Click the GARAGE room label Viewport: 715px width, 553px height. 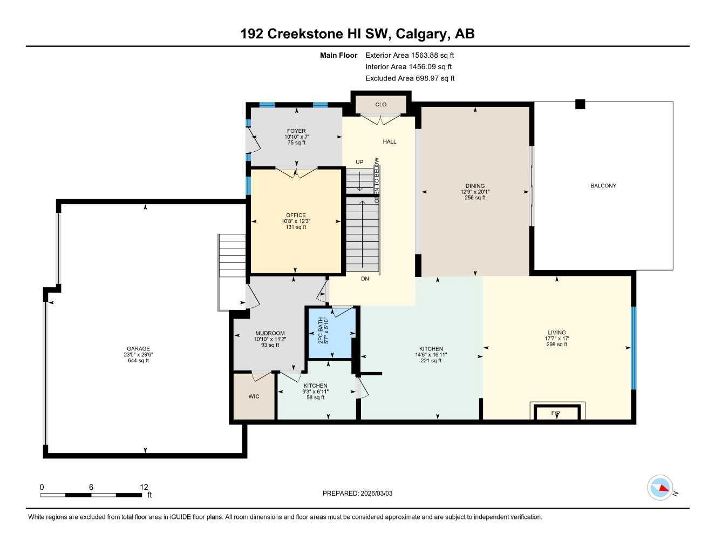coord(138,348)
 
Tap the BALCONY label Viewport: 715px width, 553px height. coord(603,186)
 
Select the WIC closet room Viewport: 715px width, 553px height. coord(254,396)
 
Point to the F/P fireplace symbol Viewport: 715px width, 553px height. coord(555,413)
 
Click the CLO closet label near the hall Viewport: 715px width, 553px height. coord(381,105)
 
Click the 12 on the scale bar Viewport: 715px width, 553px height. coord(144,487)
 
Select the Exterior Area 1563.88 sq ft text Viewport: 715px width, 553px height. coord(410,55)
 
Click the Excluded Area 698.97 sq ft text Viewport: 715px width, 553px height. coord(410,78)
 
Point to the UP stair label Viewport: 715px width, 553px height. coord(359,162)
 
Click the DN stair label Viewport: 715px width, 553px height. coord(365,279)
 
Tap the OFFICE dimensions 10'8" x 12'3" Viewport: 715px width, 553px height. coord(296,221)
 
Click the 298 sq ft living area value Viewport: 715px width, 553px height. coord(557,345)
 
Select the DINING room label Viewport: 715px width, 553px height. coord(475,186)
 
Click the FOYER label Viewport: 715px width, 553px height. coord(296,131)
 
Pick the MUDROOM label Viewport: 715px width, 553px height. coord(270,333)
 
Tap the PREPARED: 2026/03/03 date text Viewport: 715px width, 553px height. coord(357,493)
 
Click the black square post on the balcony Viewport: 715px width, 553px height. coord(580,104)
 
